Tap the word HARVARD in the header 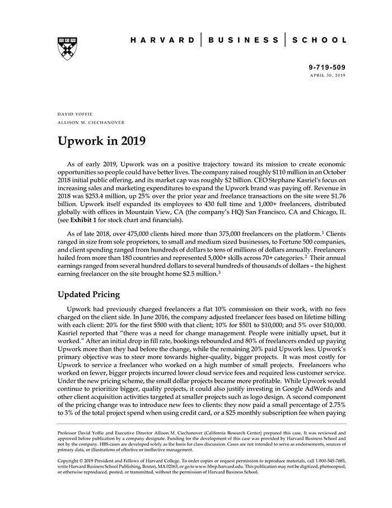(x=163, y=40)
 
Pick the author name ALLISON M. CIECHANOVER (x=91, y=122)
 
